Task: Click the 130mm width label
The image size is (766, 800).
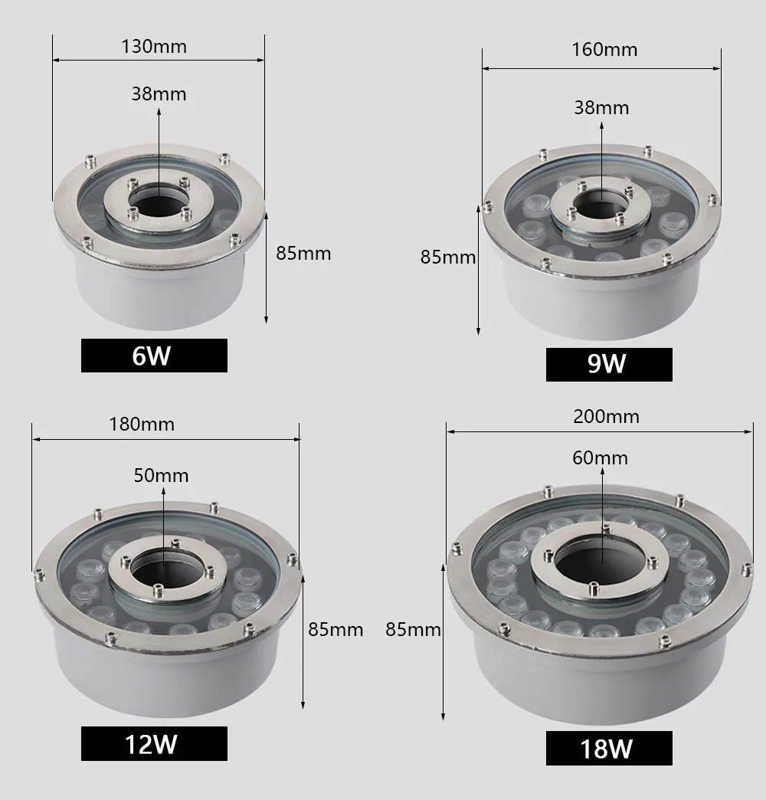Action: pos(154,47)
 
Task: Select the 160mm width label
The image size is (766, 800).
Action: pos(604,50)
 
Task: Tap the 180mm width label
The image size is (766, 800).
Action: pos(142,424)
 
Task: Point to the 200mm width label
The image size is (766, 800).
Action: pos(606,416)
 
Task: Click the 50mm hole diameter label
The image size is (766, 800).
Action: pos(161,475)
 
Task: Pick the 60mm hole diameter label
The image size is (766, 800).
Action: pos(601,457)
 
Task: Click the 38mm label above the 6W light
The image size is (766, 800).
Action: pos(159,94)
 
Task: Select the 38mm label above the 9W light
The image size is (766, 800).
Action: pos(602,107)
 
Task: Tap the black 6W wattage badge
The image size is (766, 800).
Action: pos(154,356)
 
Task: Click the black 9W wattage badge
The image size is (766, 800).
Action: pos(609,364)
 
